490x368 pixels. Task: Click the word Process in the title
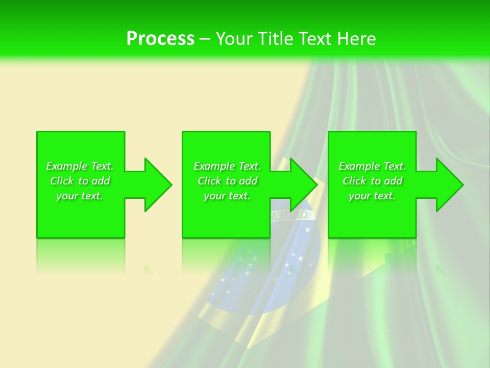point(160,39)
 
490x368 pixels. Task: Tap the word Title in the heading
point(274,39)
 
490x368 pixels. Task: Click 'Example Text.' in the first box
point(80,166)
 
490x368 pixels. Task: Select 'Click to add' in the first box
point(80,181)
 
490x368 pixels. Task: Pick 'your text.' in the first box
point(80,196)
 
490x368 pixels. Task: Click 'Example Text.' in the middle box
point(227,166)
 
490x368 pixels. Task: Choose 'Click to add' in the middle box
point(227,181)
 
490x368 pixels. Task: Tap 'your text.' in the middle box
point(227,196)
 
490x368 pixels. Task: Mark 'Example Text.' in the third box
point(372,166)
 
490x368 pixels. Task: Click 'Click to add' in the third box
point(372,181)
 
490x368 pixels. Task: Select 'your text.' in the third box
point(372,196)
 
